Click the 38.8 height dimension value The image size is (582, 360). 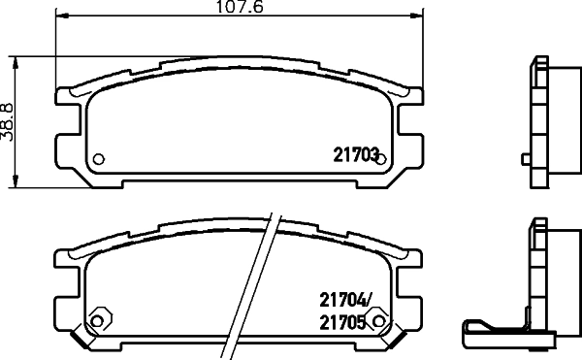[8, 121]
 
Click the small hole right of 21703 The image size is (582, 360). [381, 159]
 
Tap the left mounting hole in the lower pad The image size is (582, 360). [97, 322]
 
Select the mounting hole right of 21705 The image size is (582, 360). [380, 322]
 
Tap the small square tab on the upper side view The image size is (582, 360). [525, 157]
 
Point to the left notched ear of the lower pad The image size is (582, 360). [64, 287]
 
